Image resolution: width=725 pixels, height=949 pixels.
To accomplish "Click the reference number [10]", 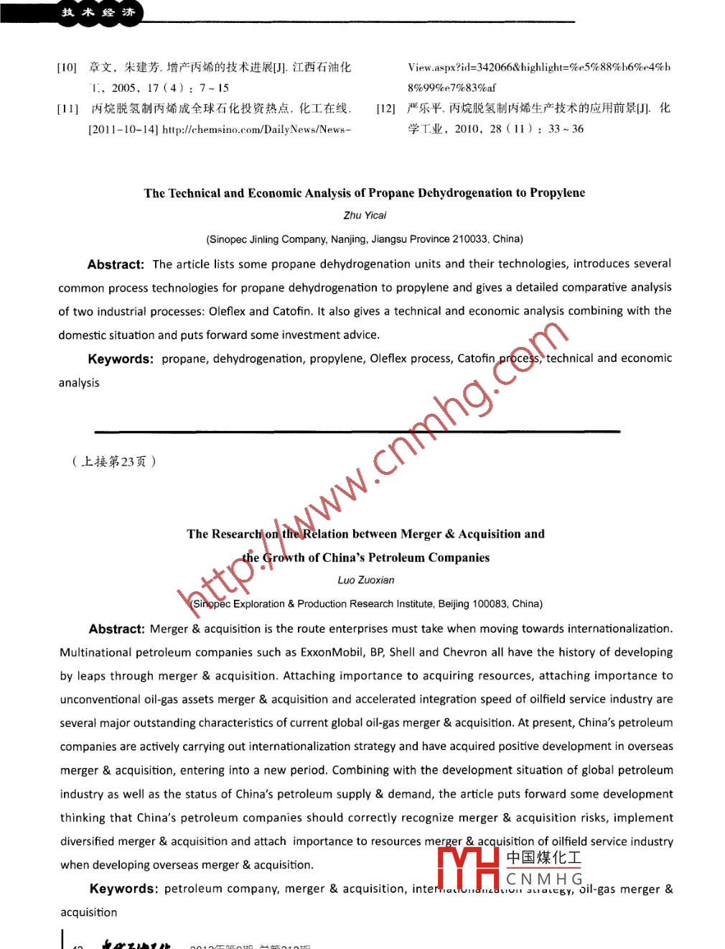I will pyautogui.click(x=67, y=68).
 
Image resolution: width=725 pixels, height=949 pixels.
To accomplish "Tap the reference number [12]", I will pyautogui.click(x=385, y=108).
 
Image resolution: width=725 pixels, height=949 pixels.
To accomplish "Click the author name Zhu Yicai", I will pyautogui.click(x=365, y=216).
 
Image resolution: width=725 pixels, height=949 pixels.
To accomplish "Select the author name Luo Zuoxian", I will pyautogui.click(x=366, y=580).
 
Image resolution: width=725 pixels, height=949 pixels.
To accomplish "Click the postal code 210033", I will pyautogui.click(x=471, y=239).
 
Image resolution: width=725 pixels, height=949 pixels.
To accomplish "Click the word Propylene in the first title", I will pyautogui.click(x=557, y=193).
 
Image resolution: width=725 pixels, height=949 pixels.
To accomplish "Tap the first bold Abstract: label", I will pyautogui.click(x=116, y=264).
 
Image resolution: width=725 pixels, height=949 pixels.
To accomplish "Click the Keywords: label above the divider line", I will pyautogui.click(x=120, y=359).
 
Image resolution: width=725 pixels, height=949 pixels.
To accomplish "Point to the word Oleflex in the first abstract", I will pyautogui.click(x=228, y=312).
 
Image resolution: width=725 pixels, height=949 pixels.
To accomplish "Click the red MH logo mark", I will pyautogui.click(x=468, y=868).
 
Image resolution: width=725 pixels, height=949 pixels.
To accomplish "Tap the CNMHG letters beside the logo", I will pyautogui.click(x=544, y=879).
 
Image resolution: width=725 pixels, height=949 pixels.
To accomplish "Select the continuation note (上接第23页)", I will pyautogui.click(x=113, y=462).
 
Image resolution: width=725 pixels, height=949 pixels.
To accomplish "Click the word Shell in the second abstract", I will pyautogui.click(x=402, y=652).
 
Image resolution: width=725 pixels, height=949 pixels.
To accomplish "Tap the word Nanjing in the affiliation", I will pyautogui.click(x=347, y=239).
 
